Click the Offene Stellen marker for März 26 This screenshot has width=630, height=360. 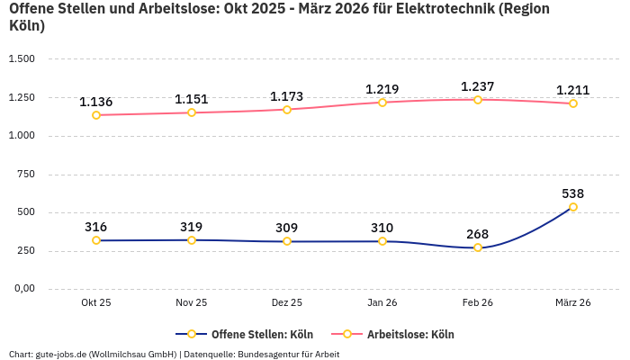coord(573,207)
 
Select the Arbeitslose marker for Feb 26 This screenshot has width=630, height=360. coord(478,100)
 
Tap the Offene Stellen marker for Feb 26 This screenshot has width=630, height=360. coord(478,247)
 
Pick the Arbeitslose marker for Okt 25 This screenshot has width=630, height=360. coord(96,115)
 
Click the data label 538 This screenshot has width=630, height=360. coord(573,193)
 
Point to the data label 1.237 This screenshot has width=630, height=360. coord(478,86)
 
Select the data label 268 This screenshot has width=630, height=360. coord(478,234)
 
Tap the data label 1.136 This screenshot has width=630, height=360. coord(96,102)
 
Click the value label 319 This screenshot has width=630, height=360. coord(192,227)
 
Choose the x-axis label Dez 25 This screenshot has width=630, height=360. coord(287,303)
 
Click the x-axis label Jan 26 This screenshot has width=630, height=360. coord(382,303)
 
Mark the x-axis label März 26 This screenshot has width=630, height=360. coord(573,303)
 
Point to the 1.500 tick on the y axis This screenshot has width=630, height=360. coord(22,59)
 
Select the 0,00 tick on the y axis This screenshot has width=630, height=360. coord(23,289)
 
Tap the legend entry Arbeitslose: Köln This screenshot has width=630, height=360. coord(410,335)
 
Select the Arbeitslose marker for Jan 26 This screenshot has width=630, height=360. coord(382,103)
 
